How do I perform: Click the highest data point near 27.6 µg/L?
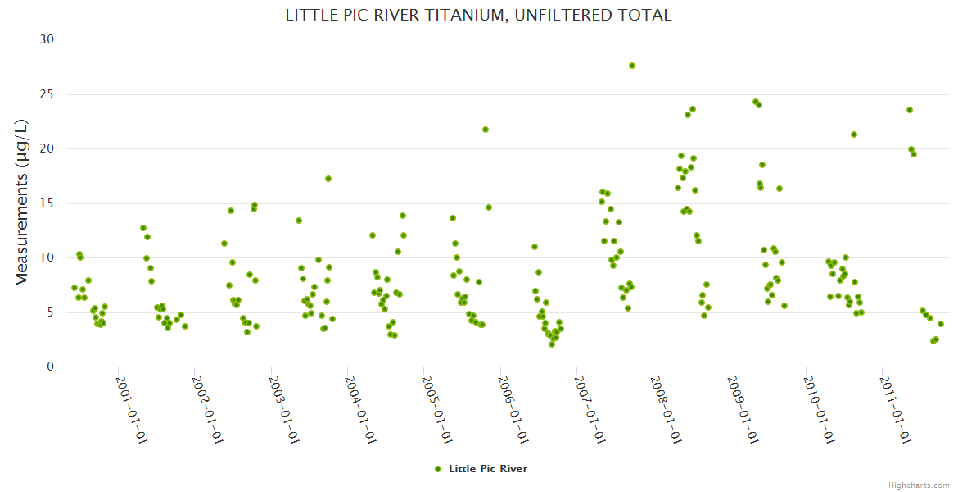pos(632,66)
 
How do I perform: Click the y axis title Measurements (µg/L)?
pos(22,203)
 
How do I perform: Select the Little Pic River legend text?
pos(488,469)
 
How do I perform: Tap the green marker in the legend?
pos(438,469)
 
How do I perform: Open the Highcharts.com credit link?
pos(919,485)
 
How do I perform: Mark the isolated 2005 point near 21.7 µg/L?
pos(486,130)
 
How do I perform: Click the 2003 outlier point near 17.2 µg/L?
pos(328,179)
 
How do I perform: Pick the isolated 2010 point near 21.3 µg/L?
pos(854,134)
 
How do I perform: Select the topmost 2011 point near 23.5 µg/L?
pos(910,110)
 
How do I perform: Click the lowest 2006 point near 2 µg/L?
pos(552,344)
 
